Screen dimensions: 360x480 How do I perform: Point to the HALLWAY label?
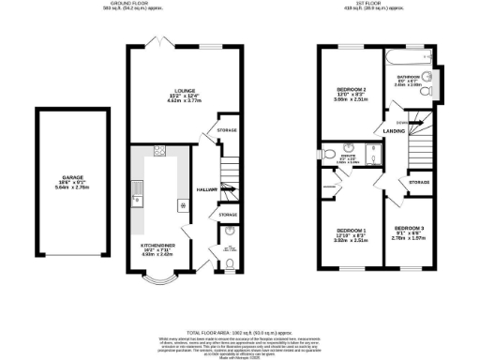pyautogui.click(x=206, y=188)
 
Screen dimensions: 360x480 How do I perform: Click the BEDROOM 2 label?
pyautogui.click(x=349, y=89)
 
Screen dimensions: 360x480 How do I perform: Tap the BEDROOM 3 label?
pyautogui.click(x=409, y=228)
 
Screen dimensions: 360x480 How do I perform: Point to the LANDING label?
pyautogui.click(x=394, y=132)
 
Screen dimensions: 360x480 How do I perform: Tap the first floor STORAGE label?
pyautogui.click(x=418, y=182)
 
